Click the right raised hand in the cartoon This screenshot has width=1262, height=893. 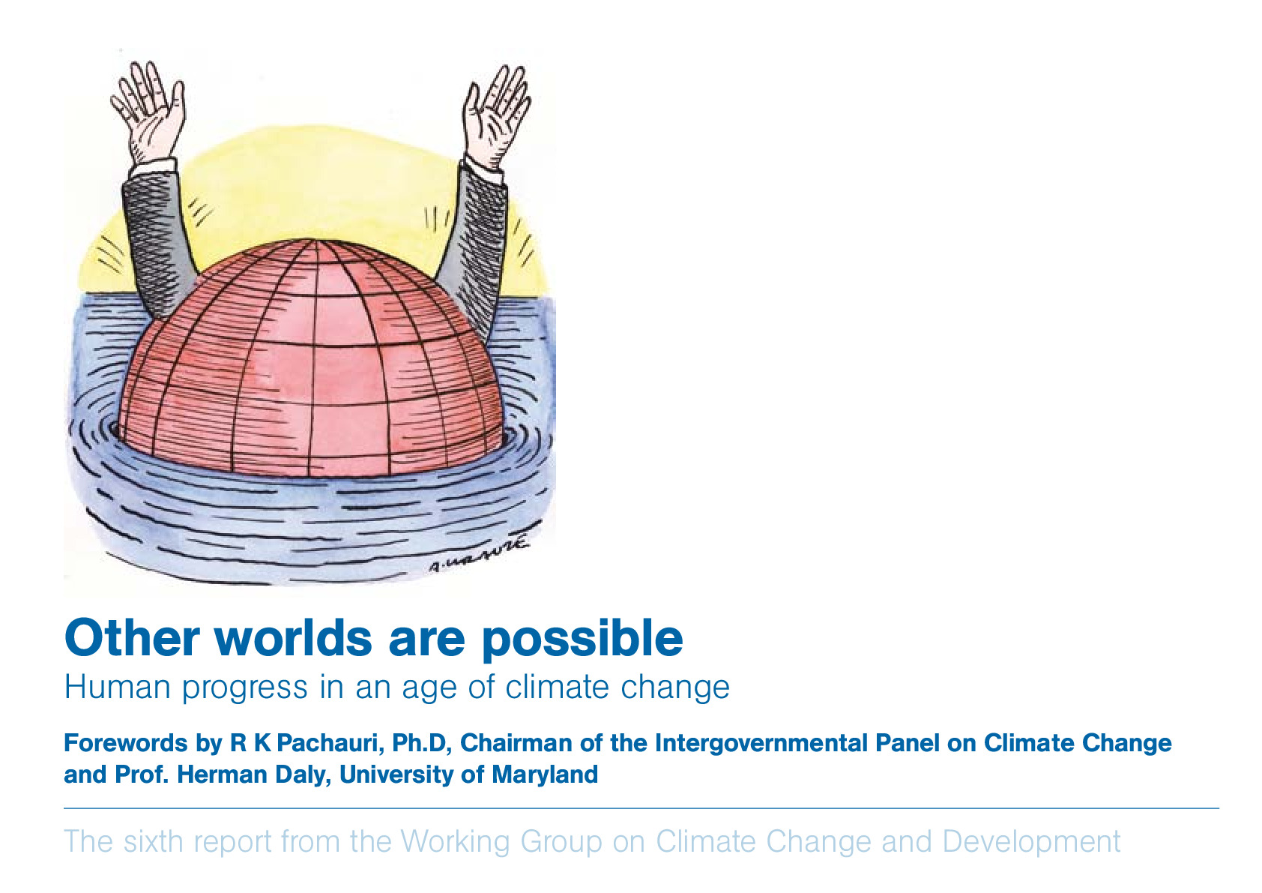click(496, 115)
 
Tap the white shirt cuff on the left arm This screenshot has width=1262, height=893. click(153, 167)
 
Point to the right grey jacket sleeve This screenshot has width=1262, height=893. click(474, 248)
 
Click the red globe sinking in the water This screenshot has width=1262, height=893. click(312, 361)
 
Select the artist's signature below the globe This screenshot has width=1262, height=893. click(479, 555)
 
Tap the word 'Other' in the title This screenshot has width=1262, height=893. click(132, 637)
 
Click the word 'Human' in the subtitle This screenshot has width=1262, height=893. click(117, 687)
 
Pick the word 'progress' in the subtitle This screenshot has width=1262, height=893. click(244, 690)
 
